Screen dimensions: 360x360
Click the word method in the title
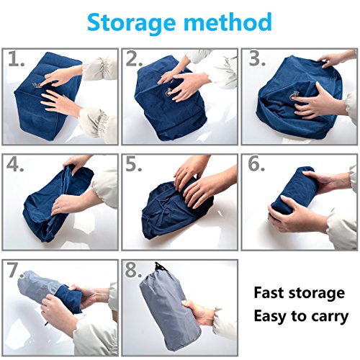pos(228,22)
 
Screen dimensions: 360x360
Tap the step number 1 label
pos(17,58)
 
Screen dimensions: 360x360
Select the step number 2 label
pos(134,58)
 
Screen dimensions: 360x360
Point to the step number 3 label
pos(257,58)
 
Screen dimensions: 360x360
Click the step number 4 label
pos(15,164)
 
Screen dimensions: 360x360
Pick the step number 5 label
pos(134,164)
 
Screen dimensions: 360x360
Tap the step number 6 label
pos(256,164)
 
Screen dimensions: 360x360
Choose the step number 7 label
pos(15,270)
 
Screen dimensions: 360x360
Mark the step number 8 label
pos(133,270)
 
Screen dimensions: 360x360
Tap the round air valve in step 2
pos(168,91)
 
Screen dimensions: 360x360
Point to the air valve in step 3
pos(294,95)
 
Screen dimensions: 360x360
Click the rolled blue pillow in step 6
pos(292,191)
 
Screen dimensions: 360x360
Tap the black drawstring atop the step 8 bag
pos(160,267)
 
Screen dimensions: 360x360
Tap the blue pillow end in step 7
pos(70,299)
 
